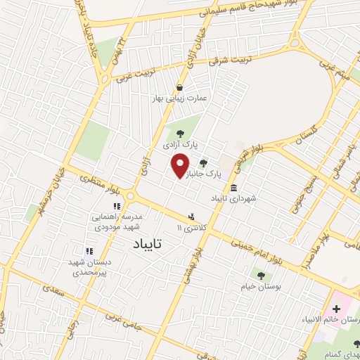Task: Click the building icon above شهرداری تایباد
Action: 233,188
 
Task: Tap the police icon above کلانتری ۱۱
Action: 191,217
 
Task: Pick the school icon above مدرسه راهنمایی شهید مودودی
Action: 117,206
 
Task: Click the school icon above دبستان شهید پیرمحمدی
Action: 89,250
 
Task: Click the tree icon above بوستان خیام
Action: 261,276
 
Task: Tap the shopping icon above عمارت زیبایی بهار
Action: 181,88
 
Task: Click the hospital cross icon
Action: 336,309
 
